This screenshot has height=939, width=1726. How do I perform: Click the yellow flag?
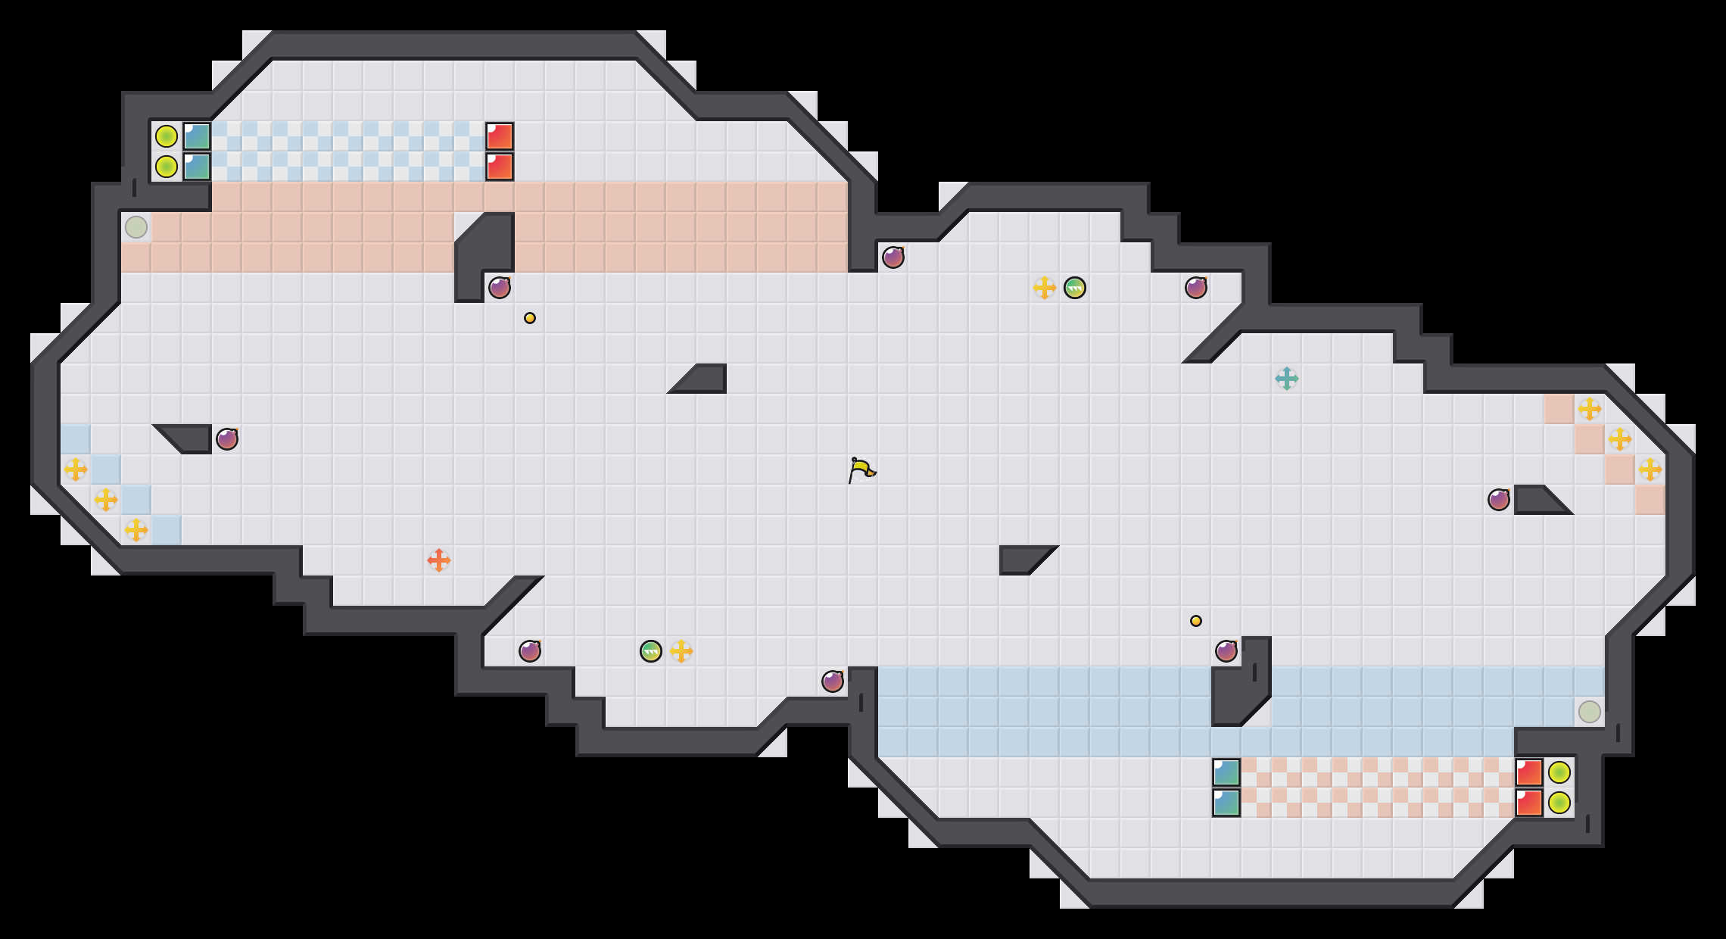(861, 469)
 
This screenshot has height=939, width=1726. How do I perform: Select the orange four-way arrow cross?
(439, 560)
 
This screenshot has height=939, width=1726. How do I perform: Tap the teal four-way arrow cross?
(1287, 379)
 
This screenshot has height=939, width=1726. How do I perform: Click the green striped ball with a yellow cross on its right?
(651, 651)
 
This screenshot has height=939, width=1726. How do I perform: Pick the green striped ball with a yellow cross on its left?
(1075, 288)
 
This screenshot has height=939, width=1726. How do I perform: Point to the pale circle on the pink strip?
(136, 227)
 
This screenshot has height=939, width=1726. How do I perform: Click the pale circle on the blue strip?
(1590, 712)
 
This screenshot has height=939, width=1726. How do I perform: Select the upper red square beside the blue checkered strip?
(500, 136)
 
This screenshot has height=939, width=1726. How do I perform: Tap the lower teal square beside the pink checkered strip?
(1226, 803)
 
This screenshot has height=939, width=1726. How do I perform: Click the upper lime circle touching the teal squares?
(167, 136)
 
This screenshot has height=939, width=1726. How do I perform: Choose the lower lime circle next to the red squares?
(1559, 803)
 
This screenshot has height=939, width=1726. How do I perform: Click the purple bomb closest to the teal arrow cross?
(1196, 288)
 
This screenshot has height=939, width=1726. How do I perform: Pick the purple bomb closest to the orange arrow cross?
(530, 651)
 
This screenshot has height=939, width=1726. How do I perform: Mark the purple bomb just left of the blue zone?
(833, 682)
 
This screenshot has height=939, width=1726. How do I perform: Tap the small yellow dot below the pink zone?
(530, 318)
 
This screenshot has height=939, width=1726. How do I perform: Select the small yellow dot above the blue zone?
(1196, 621)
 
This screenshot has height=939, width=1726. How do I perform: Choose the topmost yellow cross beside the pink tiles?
(1590, 409)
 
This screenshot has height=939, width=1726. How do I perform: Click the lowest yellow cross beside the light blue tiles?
(136, 530)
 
